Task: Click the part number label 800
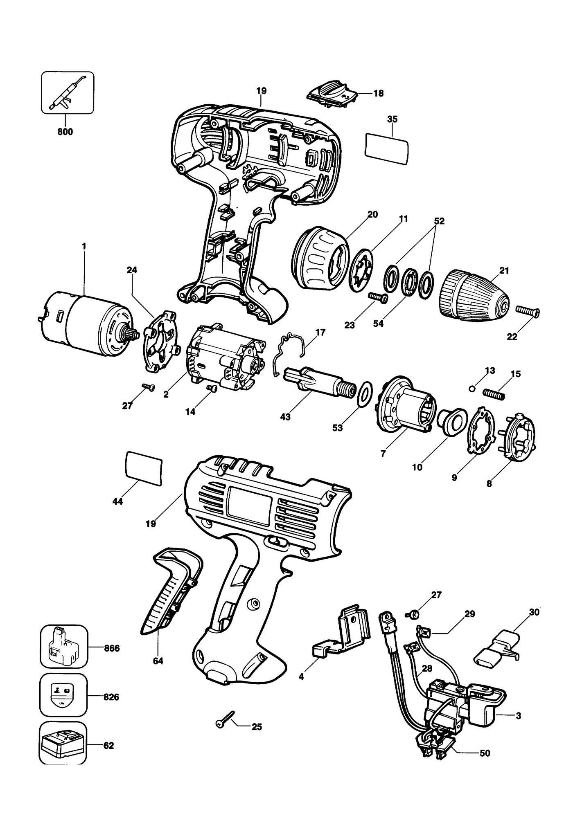(x=65, y=132)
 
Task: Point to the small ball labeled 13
(x=473, y=389)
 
